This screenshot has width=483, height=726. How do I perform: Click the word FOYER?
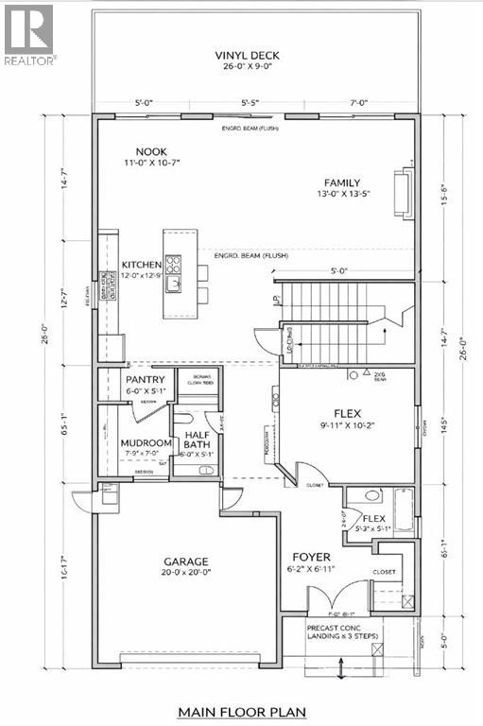335,557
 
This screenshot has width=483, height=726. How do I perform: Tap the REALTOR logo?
28,33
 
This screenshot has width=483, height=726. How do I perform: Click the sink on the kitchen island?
174,281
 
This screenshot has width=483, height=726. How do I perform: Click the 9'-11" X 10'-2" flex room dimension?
348,425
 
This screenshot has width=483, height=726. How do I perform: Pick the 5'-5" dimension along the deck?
250,101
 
